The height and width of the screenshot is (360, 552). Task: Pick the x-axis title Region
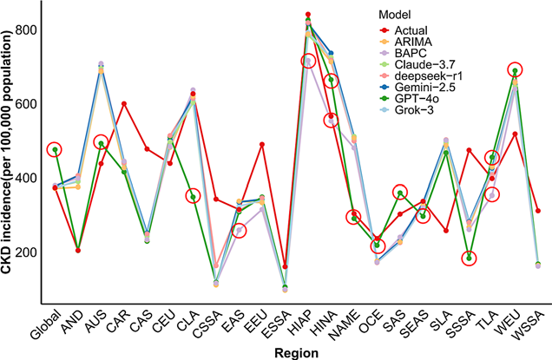(292, 352)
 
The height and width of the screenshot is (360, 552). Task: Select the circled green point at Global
(55, 149)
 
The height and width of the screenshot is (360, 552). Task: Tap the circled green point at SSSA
(469, 258)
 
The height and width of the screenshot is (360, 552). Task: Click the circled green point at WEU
(515, 70)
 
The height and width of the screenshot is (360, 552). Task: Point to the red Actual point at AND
(78, 251)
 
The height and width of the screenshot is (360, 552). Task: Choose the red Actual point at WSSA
(537, 211)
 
